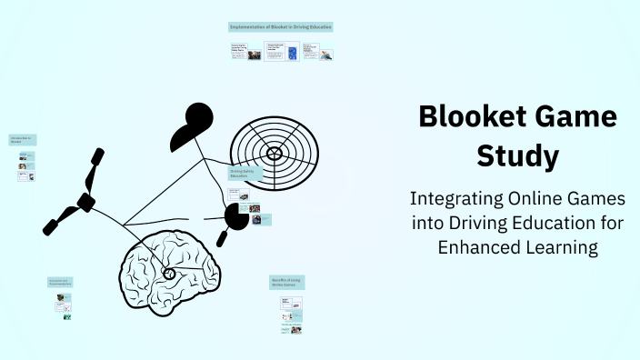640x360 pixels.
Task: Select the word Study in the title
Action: [518, 155]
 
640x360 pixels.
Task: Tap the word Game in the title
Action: [575, 117]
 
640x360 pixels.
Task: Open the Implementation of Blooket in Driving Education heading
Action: [280, 27]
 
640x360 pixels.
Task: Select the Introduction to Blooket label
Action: [23, 140]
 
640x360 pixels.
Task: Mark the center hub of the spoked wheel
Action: [274, 149]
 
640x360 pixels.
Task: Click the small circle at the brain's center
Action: [169, 273]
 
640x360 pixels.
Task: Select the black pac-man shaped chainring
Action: [237, 215]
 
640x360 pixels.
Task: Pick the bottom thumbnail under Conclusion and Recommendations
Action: [66, 317]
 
